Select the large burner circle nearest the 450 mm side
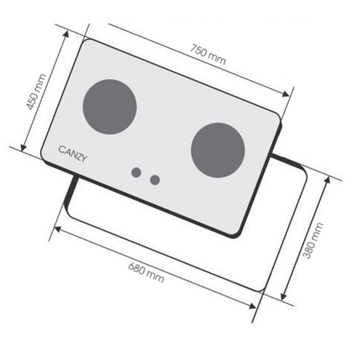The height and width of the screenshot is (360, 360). [x=109, y=106]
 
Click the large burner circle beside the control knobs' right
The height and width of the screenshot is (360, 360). [x=218, y=149]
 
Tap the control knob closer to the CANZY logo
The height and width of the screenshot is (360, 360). [x=136, y=173]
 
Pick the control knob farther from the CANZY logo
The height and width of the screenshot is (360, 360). [x=155, y=179]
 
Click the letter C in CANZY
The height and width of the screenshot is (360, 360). [x=61, y=149]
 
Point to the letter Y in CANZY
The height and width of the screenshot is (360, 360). [x=84, y=158]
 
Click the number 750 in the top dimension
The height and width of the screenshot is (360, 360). [x=200, y=48]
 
